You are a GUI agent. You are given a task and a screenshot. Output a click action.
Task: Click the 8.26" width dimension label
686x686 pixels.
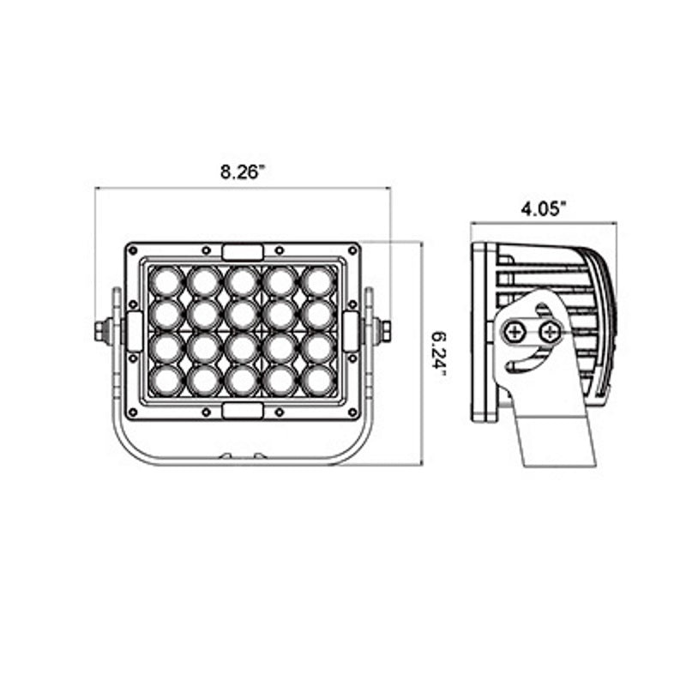click(x=243, y=171)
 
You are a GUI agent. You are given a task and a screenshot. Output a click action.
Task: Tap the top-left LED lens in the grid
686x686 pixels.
click(x=165, y=280)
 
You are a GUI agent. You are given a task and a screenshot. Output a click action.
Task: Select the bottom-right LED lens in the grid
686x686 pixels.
click(x=319, y=379)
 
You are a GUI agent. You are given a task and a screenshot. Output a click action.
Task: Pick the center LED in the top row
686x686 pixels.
click(x=243, y=280)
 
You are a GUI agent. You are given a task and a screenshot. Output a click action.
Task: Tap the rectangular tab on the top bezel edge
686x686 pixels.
click(x=243, y=251)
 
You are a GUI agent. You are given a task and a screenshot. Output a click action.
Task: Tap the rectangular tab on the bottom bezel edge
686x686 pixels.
click(x=243, y=410)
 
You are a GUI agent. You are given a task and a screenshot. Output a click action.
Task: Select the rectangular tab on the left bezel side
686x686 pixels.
click(x=135, y=331)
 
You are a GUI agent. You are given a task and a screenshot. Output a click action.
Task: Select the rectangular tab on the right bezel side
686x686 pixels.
click(x=351, y=331)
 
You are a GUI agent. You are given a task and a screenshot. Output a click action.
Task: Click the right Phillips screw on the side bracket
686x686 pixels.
click(x=549, y=329)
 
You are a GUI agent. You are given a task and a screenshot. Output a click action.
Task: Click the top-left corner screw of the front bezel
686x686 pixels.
click(x=132, y=250)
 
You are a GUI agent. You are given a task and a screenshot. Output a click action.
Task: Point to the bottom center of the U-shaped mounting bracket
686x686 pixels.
click(x=243, y=459)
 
